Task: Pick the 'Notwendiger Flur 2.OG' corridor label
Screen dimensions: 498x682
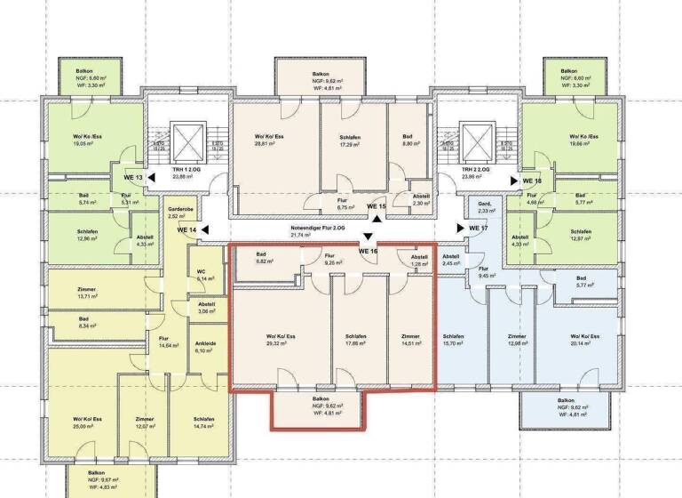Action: coord(317,231)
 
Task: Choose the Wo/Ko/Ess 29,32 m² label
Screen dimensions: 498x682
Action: coord(280,339)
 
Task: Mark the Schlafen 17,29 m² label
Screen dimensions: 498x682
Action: coord(353,140)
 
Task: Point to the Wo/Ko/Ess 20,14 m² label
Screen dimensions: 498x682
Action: coord(583,339)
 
